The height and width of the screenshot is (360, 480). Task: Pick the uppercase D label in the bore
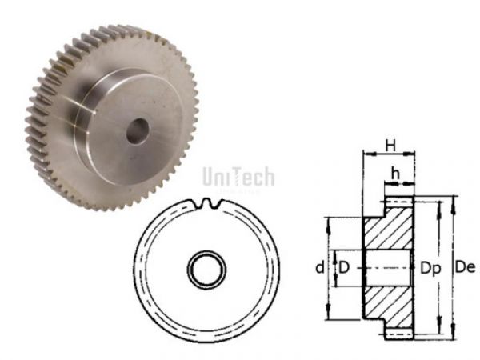tap(344, 266)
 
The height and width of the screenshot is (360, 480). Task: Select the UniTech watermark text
tap(238, 175)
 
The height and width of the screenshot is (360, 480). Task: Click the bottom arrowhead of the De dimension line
tap(452, 336)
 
